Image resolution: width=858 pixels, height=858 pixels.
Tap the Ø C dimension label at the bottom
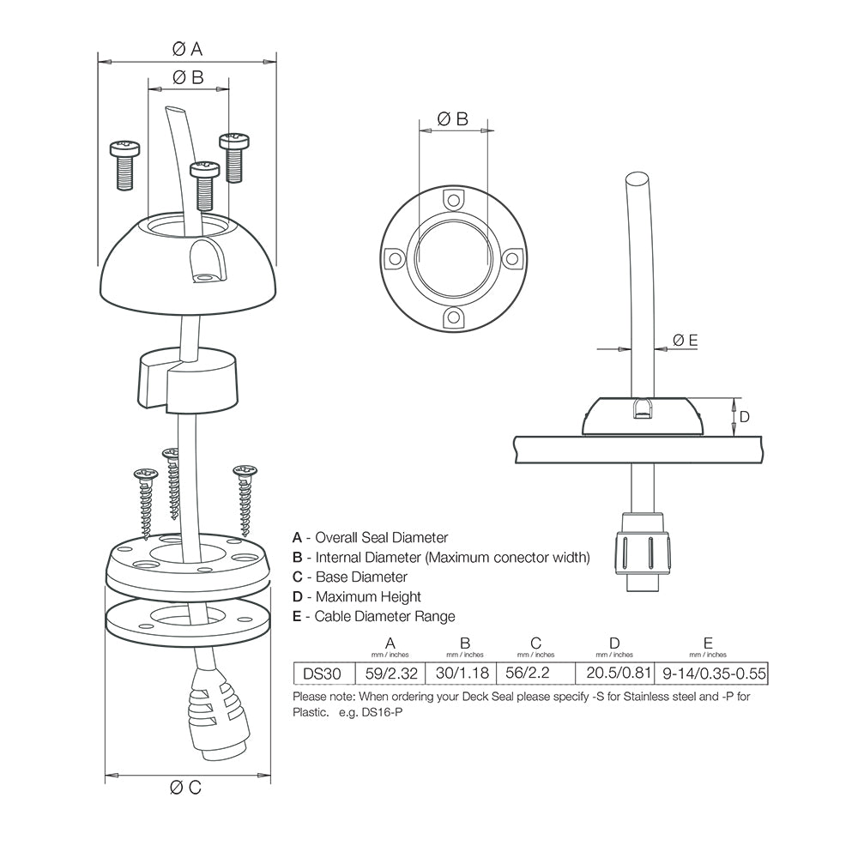[x=185, y=788]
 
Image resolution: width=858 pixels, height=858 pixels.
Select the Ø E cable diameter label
[x=685, y=341]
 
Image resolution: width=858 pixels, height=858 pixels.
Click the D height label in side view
[x=744, y=417]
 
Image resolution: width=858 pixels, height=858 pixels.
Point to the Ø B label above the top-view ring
[x=452, y=119]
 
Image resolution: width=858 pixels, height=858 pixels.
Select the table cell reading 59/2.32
[x=390, y=674]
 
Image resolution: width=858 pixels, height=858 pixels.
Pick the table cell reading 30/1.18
[x=464, y=674]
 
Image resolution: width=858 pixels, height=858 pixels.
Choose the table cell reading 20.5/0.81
[x=614, y=674]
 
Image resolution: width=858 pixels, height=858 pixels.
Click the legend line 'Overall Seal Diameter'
[x=371, y=538]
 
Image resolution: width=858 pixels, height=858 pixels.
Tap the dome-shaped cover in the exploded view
[x=189, y=270]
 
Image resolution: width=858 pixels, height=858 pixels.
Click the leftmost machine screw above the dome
[x=126, y=163]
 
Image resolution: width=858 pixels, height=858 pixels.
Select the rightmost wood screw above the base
[x=245, y=498]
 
